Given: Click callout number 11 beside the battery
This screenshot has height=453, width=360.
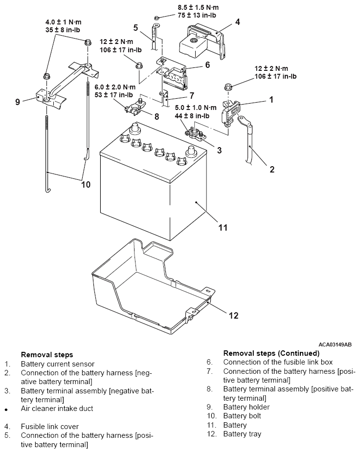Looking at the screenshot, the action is [223, 228].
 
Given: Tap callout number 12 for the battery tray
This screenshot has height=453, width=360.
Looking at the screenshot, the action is [233, 315].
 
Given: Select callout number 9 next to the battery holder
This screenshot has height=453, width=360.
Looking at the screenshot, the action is [18, 102].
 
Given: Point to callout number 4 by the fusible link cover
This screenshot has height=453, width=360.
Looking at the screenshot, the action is [237, 22].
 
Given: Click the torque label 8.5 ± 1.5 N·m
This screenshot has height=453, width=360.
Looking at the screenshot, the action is [198, 7].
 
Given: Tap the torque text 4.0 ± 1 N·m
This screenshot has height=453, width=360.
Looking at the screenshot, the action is [63, 22].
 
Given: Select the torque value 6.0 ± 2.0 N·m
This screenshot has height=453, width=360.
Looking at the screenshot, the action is [115, 87].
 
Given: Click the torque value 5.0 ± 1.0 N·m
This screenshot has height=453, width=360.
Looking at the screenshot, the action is [196, 108].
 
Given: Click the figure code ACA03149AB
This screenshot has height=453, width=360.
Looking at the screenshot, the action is [335, 345].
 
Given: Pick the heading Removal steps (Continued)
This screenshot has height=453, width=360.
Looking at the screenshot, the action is [271, 353].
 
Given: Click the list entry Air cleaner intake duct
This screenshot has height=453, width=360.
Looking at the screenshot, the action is [57, 409].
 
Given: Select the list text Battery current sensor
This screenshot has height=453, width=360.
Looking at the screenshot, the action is [58, 364].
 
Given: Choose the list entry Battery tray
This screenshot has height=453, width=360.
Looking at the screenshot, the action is [242, 434].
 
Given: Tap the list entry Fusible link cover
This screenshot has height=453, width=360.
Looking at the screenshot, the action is [50, 427].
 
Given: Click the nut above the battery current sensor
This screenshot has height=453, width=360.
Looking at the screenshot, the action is [228, 86].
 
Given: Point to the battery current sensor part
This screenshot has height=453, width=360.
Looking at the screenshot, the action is [231, 113].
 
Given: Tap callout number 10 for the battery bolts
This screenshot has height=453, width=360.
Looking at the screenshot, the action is [86, 184].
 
